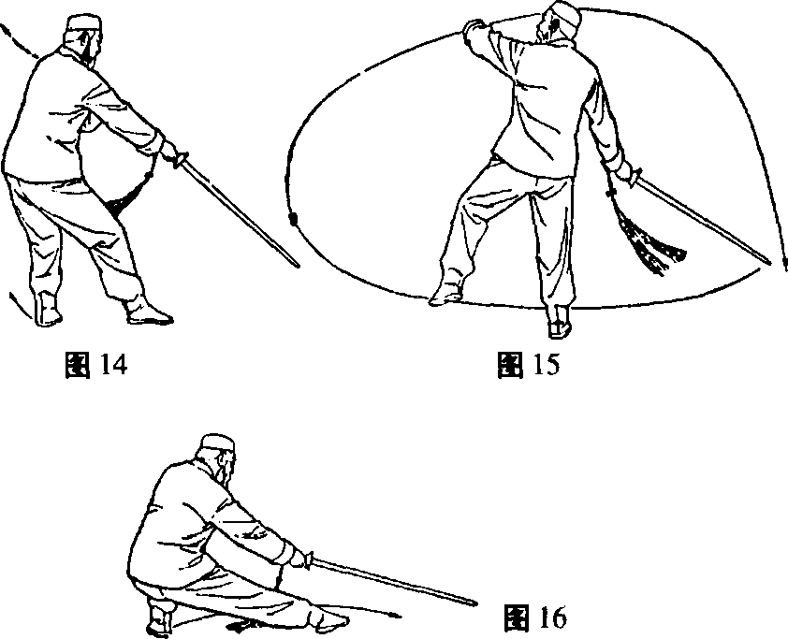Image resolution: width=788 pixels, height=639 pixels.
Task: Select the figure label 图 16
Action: (x=535, y=617)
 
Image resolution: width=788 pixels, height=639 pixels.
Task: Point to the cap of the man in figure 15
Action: (x=564, y=14)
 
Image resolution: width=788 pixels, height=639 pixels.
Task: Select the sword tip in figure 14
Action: (x=297, y=265)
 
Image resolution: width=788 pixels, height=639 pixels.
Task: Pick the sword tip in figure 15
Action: (x=769, y=263)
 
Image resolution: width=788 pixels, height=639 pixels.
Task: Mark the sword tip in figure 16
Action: (x=475, y=603)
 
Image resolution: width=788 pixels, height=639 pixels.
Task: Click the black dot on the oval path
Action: (x=294, y=221)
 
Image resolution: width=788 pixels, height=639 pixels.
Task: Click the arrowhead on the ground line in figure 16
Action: (x=398, y=615)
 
